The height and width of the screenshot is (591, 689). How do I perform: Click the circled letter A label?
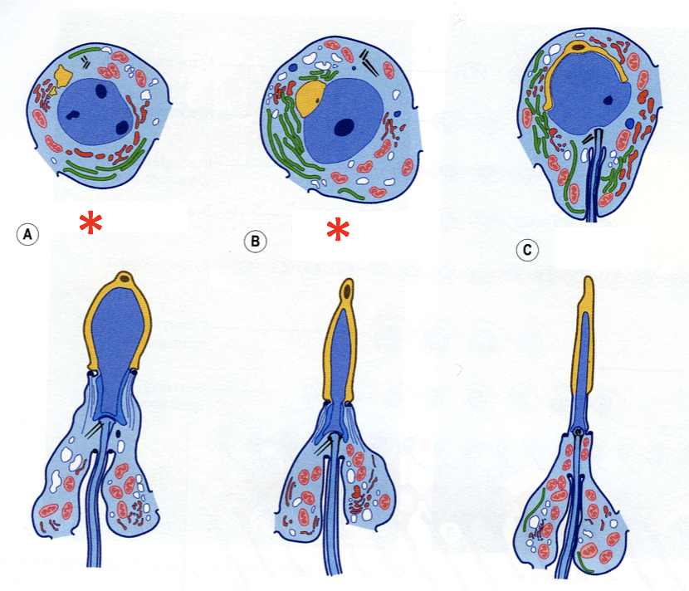tap(29, 235)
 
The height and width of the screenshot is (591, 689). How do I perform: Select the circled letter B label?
tap(254, 242)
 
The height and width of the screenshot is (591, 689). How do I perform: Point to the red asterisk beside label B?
tap(337, 232)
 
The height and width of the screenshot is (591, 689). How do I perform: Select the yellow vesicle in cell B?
tap(310, 96)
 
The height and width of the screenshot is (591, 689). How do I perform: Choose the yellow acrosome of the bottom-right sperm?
tap(586, 340)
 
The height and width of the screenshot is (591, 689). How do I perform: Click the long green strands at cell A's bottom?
tap(91, 169)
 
